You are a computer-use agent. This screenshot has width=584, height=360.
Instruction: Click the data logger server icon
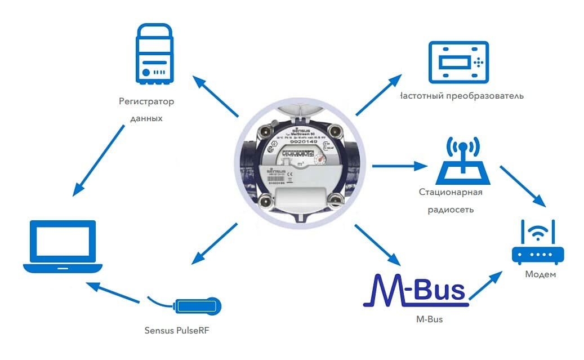(153, 54)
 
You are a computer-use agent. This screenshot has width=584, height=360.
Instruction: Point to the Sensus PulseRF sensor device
(198, 306)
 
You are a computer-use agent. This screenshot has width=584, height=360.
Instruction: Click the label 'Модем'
(540, 274)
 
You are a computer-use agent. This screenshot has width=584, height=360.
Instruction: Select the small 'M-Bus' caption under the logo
(429, 319)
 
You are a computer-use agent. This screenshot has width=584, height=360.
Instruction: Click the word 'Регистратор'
(146, 102)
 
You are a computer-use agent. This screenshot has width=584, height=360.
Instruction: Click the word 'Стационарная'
(451, 193)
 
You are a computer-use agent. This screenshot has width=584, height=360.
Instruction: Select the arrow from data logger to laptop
(99, 160)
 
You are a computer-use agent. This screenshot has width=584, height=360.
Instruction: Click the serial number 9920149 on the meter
(297, 141)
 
